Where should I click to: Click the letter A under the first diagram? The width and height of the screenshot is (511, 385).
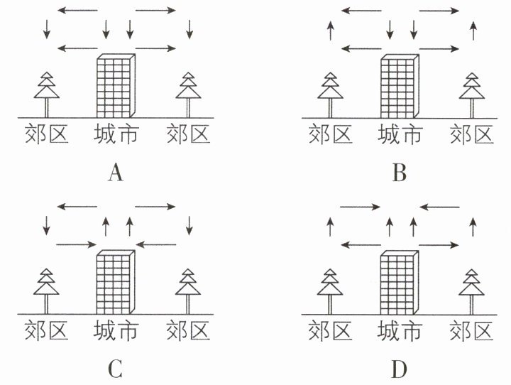(x=116, y=173)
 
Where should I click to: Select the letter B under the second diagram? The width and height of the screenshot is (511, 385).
(x=400, y=173)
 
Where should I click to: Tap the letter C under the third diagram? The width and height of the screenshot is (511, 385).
(x=115, y=369)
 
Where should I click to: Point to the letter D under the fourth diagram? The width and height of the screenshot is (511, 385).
(x=399, y=369)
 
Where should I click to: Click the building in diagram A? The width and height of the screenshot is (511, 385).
(x=116, y=86)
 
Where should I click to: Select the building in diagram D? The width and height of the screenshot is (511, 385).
(x=400, y=283)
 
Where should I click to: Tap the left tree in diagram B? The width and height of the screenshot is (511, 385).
(x=331, y=95)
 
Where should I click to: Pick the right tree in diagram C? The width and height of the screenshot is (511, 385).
(x=188, y=291)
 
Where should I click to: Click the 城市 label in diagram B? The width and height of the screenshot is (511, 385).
(x=400, y=134)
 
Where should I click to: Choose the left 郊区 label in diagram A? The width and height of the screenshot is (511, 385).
(x=47, y=134)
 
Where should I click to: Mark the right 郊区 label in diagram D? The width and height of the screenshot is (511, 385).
(x=471, y=331)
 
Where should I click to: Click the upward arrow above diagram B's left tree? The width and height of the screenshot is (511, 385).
(x=331, y=31)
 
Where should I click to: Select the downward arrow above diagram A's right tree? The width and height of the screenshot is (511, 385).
(x=189, y=29)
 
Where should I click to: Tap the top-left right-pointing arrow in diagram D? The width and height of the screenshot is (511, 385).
(x=360, y=207)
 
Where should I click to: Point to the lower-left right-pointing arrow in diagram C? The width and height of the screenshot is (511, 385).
(x=76, y=244)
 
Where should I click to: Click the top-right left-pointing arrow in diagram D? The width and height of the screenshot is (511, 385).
(x=439, y=207)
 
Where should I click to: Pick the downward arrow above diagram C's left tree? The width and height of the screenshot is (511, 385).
(x=47, y=225)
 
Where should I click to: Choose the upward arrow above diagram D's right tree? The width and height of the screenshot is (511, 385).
(x=473, y=227)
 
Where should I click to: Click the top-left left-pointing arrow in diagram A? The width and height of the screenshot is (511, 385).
(x=77, y=11)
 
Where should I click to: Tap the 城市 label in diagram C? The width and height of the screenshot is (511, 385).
(x=116, y=331)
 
